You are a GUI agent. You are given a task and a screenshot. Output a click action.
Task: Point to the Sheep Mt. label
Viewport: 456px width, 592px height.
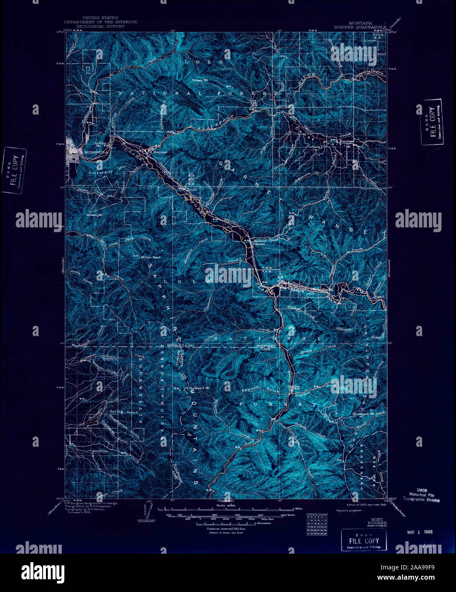pyautogui.click(x=200, y=80)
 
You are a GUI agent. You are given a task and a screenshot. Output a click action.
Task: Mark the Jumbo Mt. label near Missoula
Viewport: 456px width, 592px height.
pyautogui.click(x=100, y=144)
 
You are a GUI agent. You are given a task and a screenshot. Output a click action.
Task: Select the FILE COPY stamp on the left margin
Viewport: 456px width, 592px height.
pyautogui.click(x=14, y=170)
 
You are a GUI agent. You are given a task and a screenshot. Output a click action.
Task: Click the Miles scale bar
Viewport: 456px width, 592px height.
pyautogui.click(x=226, y=509)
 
